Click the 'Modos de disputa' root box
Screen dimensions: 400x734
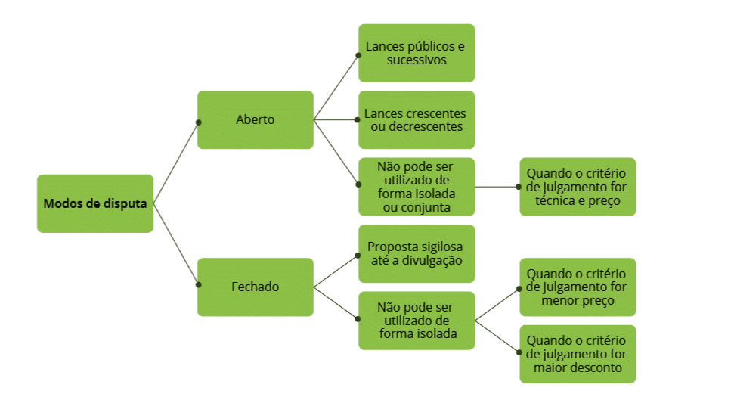95,203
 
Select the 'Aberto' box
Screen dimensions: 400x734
256,119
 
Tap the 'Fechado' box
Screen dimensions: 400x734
256,287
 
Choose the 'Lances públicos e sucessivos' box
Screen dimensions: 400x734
417,53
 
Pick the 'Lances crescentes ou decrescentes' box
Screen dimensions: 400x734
417,119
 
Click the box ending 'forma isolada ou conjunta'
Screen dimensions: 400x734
417,186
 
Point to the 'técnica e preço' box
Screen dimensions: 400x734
578,186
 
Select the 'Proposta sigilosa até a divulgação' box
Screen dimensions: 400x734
417,253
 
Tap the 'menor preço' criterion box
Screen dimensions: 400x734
578,287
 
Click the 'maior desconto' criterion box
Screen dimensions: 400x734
578,353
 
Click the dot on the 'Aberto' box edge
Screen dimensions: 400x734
198,122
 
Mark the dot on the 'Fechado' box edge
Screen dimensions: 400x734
198,285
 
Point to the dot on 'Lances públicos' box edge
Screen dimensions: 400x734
358,54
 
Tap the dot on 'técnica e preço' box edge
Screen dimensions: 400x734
519,186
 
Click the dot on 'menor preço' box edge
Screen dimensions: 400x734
519,288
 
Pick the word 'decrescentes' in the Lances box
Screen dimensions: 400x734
427,126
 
